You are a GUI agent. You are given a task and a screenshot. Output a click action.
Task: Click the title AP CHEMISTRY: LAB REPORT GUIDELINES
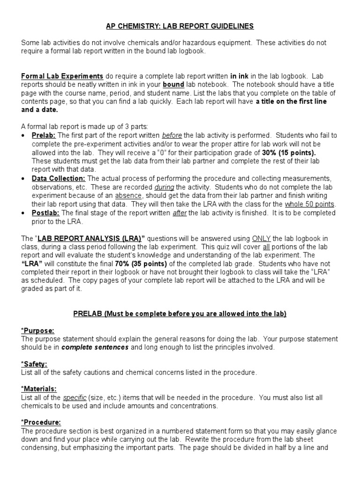(180, 26)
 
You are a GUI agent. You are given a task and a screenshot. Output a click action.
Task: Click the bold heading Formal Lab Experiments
(62, 76)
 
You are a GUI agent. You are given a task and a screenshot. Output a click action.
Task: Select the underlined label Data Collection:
(59, 179)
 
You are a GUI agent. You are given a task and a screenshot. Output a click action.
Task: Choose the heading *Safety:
(34, 364)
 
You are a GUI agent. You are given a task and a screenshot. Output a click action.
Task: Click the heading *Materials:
(39, 389)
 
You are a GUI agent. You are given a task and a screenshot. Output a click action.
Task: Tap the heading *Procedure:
(41, 422)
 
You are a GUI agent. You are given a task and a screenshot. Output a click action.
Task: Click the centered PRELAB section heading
(180, 314)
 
